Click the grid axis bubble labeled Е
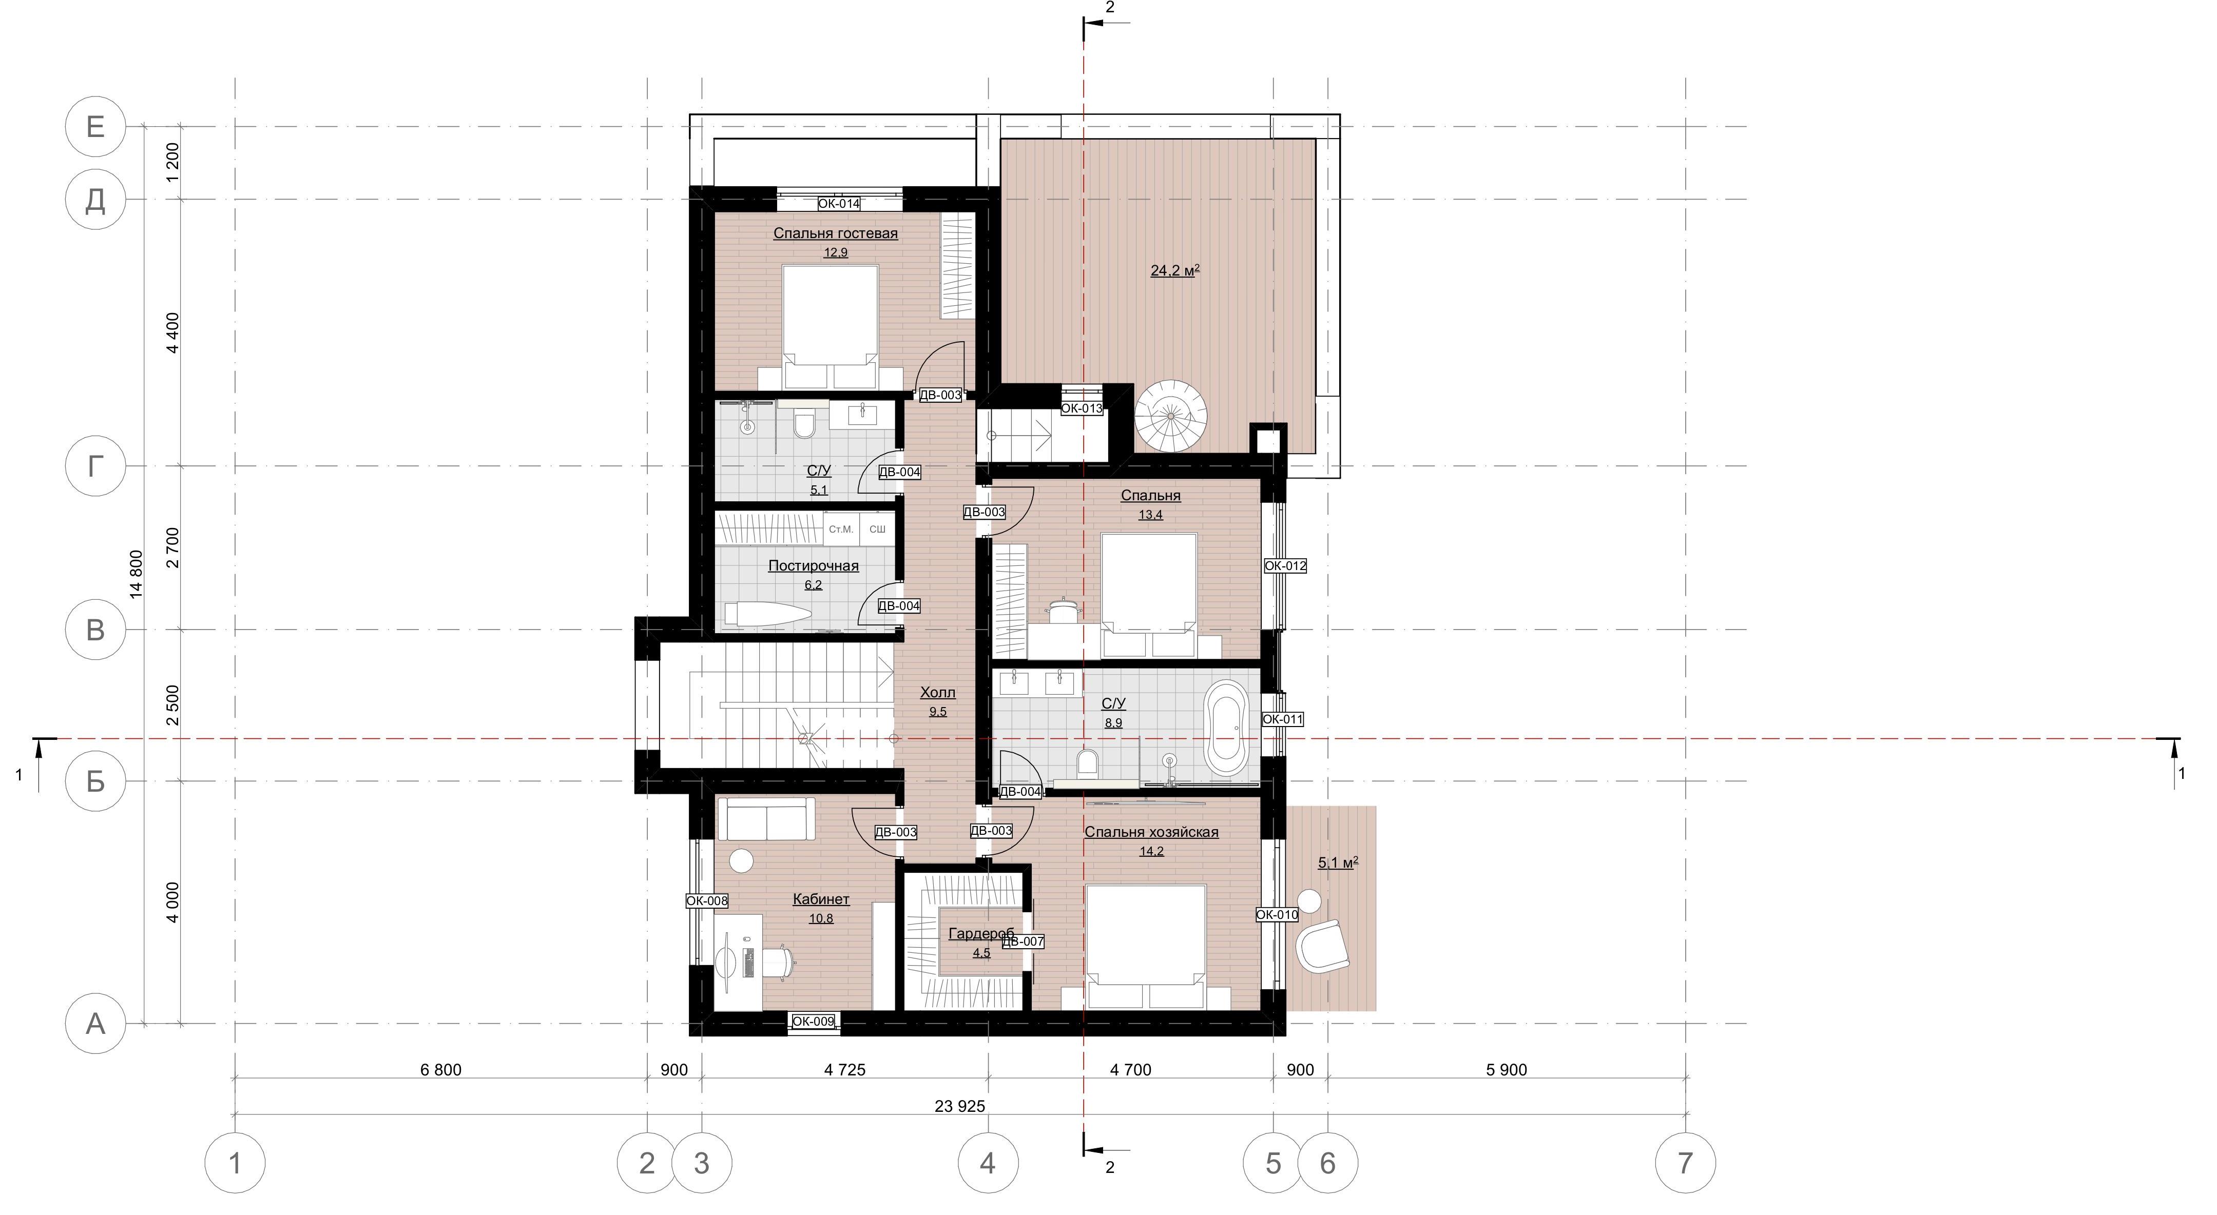(95, 127)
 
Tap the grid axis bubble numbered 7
(1685, 1163)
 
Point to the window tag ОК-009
(813, 1022)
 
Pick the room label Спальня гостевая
(835, 233)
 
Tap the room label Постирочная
(813, 565)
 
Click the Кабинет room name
(821, 899)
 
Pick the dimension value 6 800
(440, 1070)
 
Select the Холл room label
(937, 693)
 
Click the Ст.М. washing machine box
(841, 528)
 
